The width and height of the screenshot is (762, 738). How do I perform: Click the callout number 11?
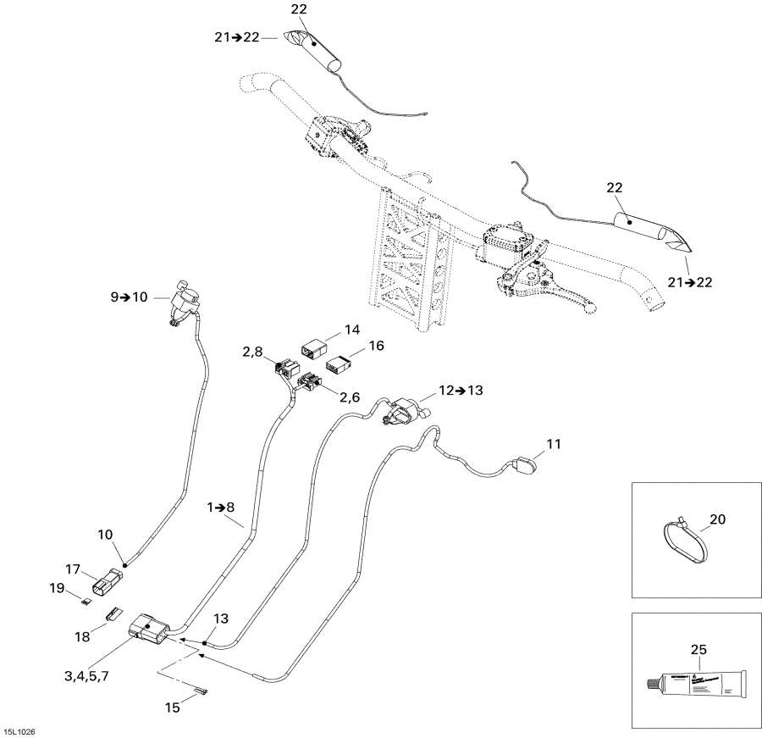click(553, 443)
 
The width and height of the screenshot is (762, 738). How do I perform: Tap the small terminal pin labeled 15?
click(202, 693)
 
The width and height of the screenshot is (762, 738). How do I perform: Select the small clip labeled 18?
click(112, 615)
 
